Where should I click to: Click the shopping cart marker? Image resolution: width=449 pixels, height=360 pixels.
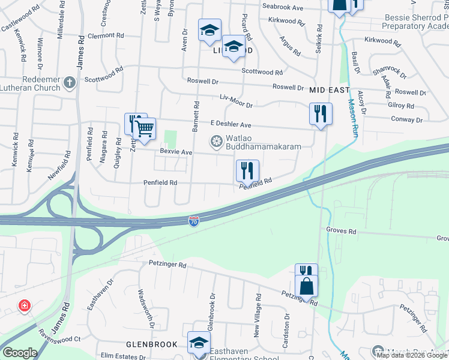coord(144,128)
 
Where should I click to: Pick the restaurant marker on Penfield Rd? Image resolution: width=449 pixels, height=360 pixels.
coord(247,170)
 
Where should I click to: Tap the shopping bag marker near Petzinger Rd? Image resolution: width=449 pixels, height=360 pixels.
coord(306,286)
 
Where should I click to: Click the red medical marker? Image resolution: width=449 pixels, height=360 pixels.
coord(24,306)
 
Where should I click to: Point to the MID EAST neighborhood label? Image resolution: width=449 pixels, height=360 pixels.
coord(330,90)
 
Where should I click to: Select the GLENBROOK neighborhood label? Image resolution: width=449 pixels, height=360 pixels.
coord(151,344)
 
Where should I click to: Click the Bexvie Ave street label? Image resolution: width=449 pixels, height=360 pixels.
coord(172,152)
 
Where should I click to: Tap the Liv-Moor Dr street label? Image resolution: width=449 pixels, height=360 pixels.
coord(237,104)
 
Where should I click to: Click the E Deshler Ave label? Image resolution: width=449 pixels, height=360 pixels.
coord(231,125)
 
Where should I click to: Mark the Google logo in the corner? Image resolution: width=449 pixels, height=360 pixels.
coord(20,353)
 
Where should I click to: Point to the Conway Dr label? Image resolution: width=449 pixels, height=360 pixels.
coord(411,118)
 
